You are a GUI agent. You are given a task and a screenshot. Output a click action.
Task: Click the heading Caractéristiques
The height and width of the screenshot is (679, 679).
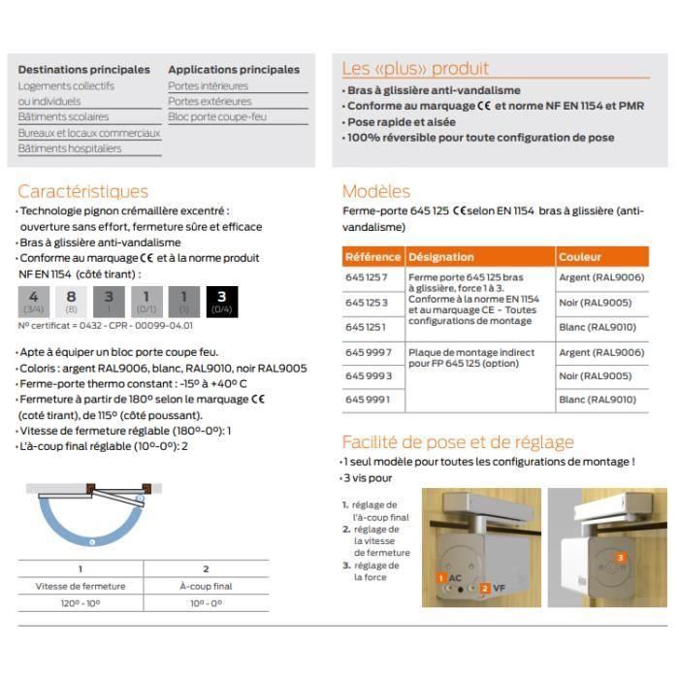point(83,191)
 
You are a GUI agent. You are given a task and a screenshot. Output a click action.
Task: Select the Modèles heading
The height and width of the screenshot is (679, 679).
point(376,191)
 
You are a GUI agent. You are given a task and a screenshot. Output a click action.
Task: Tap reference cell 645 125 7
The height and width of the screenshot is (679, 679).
point(367,278)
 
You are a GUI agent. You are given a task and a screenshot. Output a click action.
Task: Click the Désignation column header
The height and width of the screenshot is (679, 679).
point(441,257)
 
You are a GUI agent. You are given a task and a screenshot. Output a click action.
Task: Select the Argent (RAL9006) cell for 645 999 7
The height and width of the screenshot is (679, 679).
point(600,352)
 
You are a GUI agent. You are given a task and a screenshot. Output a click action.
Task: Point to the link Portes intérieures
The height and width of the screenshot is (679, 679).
point(208,85)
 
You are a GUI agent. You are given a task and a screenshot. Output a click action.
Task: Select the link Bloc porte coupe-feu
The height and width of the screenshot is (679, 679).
point(217,116)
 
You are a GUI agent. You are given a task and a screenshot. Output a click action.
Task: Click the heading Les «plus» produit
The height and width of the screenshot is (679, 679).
point(415,69)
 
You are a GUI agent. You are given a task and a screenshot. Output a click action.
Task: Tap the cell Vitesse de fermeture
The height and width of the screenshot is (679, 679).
point(80,586)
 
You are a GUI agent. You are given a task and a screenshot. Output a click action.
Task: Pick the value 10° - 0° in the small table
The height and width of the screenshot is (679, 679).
point(206,603)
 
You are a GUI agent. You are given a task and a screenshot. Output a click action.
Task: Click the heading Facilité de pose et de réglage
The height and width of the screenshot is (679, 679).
point(458,442)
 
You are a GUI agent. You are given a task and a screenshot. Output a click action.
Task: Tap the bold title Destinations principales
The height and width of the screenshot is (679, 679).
point(84,70)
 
